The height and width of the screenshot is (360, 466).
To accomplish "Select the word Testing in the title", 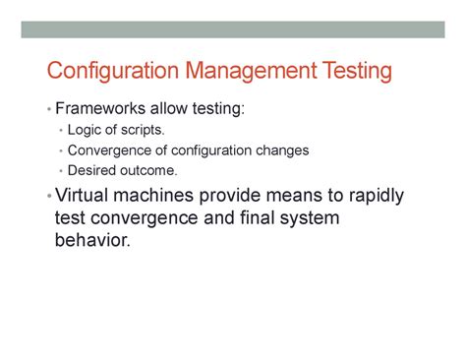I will pos(356,72).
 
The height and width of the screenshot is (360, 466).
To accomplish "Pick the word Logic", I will pos(84,130).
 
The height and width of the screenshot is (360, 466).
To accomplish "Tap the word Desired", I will pos(91,170).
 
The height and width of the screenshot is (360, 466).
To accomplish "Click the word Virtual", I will pos(86,195).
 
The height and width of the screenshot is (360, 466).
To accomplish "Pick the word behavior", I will pos(92,239).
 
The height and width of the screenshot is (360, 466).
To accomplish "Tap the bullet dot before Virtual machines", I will pos(48,196).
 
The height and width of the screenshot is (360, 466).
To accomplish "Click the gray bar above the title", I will pos(232,30).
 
